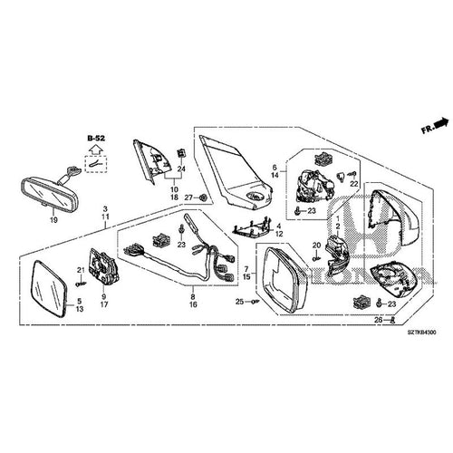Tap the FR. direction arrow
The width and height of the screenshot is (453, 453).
click(x=434, y=127)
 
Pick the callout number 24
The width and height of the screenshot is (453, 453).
click(x=181, y=169)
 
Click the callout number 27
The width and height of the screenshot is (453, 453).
click(x=188, y=198)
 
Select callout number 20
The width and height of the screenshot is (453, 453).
click(x=316, y=246)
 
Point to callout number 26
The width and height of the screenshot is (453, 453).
click(x=379, y=321)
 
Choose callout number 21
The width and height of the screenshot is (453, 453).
click(x=80, y=271)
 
